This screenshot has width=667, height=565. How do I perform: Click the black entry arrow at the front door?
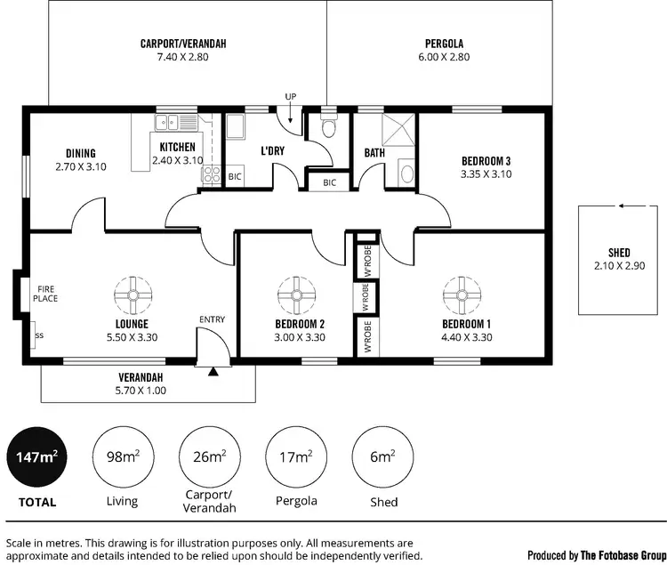pos(212,371)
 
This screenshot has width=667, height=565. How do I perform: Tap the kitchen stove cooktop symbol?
pos(213,175)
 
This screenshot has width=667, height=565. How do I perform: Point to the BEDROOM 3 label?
pos(486,161)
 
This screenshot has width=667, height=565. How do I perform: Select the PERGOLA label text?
pos(444,44)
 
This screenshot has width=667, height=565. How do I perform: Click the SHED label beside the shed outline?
pos(619,253)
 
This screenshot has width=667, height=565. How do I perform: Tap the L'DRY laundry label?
pos(271,150)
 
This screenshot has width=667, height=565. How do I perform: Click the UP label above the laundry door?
pos(290,96)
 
